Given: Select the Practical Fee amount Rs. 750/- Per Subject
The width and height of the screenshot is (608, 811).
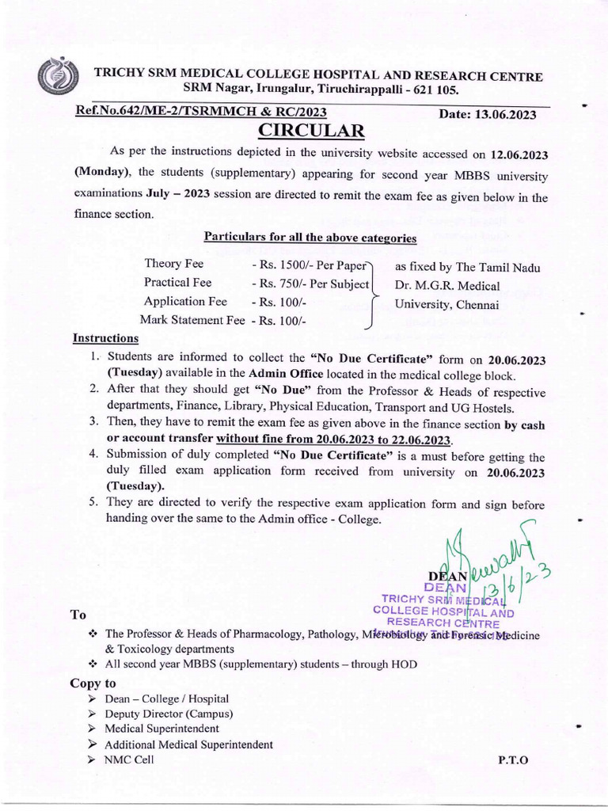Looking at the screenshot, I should tap(311, 284).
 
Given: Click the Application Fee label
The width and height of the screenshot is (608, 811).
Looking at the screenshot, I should tap(185, 302).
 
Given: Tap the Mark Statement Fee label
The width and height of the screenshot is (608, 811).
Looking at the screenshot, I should tap(192, 320).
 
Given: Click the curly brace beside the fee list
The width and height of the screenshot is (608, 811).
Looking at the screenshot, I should tap(370, 293).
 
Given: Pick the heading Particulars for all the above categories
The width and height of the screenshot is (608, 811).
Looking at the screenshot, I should tap(310, 236).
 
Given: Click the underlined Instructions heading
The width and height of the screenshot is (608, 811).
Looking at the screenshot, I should tap(105, 338).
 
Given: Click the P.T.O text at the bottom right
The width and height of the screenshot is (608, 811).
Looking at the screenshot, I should tap(512, 760).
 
